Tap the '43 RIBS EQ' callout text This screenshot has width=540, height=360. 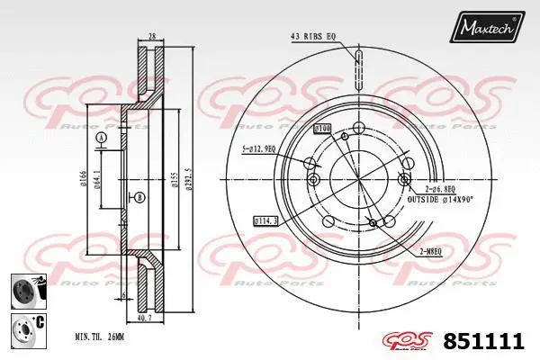point(312,36)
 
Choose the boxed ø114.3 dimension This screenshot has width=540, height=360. point(267,220)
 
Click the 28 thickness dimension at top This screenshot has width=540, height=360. point(152,37)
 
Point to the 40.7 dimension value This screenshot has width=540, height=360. point(144,318)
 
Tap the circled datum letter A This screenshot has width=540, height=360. point(101,137)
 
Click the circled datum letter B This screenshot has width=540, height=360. point(139,197)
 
